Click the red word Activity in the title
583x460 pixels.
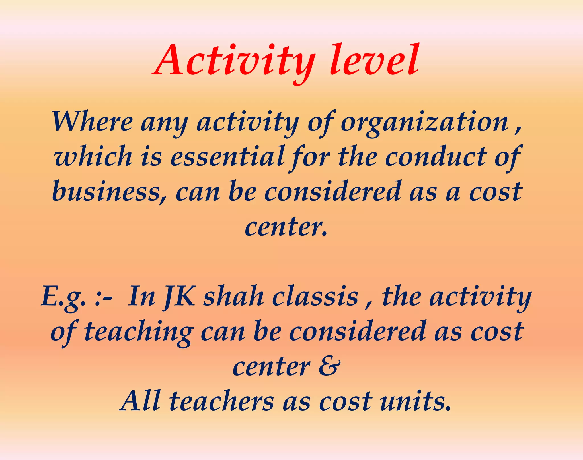tap(235, 61)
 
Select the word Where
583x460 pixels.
tap(92, 122)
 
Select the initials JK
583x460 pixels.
tap(179, 297)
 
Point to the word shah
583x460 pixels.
tap(234, 297)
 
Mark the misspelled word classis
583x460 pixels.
tap(315, 297)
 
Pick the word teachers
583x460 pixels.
tap(221, 401)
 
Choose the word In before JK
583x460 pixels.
tap(141, 297)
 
